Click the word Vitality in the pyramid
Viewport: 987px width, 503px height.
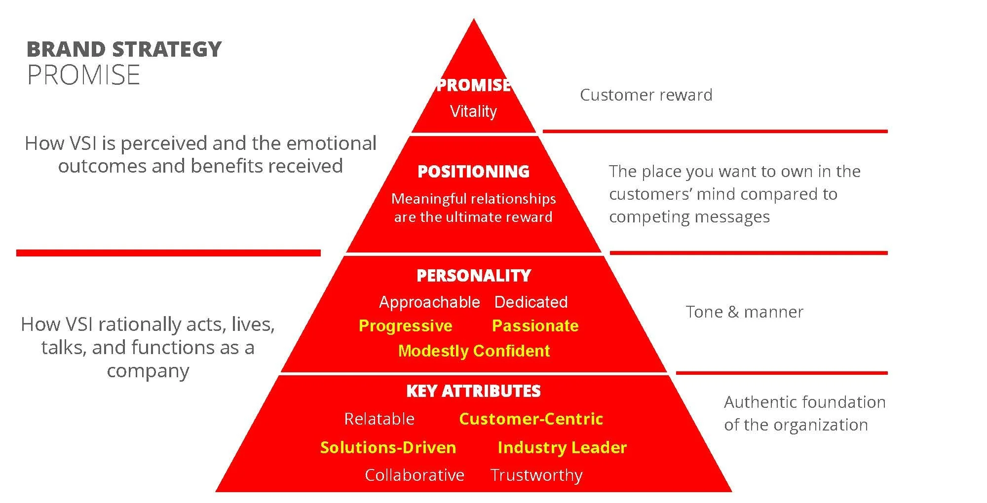click(x=473, y=111)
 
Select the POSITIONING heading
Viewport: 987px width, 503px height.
click(x=473, y=172)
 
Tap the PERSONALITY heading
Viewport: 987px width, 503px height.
click(x=474, y=275)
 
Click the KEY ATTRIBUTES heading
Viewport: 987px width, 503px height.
click(x=473, y=391)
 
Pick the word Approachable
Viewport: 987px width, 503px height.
click(x=429, y=302)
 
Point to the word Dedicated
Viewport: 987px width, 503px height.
click(x=531, y=302)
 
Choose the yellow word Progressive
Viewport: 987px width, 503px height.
click(x=405, y=325)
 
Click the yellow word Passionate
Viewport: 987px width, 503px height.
click(x=535, y=325)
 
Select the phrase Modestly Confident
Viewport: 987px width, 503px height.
click(x=474, y=351)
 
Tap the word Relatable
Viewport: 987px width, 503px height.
click(x=379, y=419)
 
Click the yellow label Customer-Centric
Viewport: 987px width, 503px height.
click(x=531, y=419)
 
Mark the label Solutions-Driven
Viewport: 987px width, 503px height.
click(x=388, y=447)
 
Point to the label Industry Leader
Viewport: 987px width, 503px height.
click(x=562, y=447)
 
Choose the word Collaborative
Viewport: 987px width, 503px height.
click(x=415, y=475)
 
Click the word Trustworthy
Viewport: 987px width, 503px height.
click(x=536, y=475)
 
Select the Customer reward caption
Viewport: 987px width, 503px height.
click(x=646, y=95)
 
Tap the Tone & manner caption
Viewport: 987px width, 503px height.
click(x=744, y=312)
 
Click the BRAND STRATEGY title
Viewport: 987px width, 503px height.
click(x=124, y=49)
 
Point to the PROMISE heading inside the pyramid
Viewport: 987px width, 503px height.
click(x=473, y=85)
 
